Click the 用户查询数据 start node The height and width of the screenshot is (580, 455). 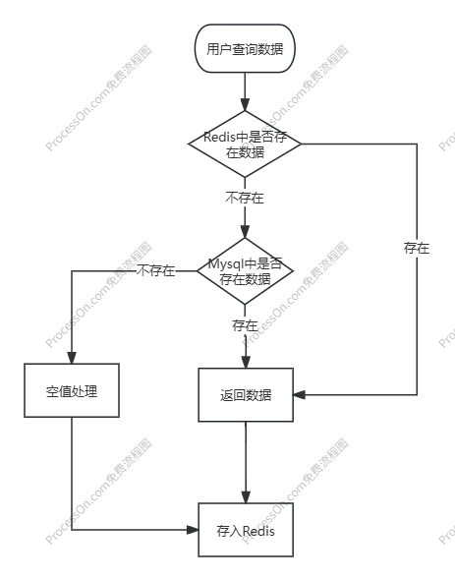point(245,47)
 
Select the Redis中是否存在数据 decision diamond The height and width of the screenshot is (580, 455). point(245,144)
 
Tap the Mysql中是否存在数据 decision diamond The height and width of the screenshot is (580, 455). point(245,271)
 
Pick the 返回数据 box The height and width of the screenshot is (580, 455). point(245,395)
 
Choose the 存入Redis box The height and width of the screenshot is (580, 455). point(245,531)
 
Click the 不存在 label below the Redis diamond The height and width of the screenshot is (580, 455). point(245,198)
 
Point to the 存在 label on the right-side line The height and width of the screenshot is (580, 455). point(417,248)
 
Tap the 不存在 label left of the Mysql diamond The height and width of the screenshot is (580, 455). point(156,270)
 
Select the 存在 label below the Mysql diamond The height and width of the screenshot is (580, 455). point(245,324)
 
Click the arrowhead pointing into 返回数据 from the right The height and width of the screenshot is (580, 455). point(299,395)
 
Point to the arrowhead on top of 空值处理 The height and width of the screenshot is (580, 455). point(71,359)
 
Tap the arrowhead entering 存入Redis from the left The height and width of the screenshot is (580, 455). point(194,530)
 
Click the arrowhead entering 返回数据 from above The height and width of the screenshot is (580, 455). point(245,363)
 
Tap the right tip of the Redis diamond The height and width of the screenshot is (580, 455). point(300,144)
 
